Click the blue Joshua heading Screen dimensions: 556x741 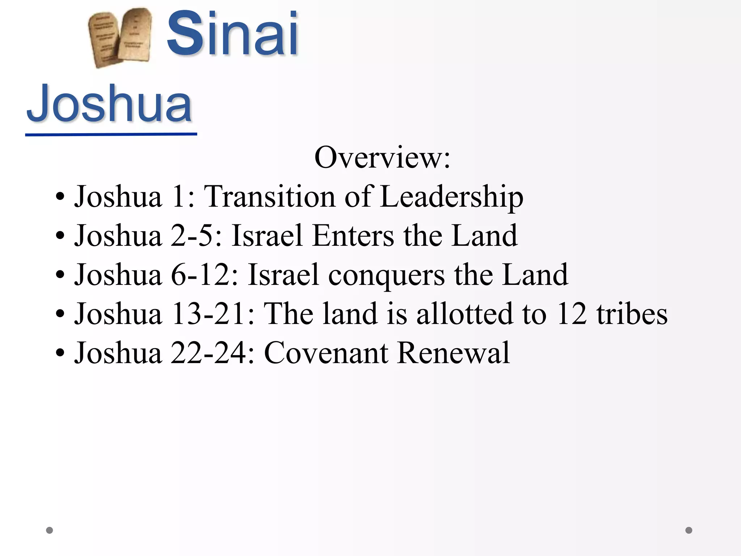click(x=109, y=103)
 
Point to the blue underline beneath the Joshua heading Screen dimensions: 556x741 click(x=111, y=135)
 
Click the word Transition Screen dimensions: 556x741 click(x=270, y=197)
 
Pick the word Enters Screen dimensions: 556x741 click(x=353, y=236)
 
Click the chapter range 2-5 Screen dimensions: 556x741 click(x=196, y=236)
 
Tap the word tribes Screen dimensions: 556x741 click(x=632, y=313)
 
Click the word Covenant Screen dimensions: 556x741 click(x=326, y=353)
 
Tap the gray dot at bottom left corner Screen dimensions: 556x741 click(x=50, y=530)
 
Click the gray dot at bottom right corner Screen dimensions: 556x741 click(x=689, y=530)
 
